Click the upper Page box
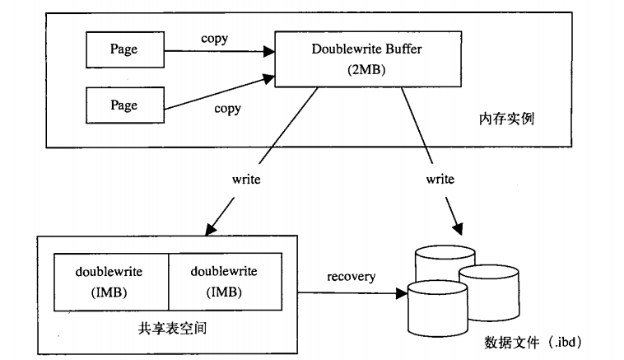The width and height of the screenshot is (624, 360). (x=124, y=49)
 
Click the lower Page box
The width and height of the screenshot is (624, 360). (x=124, y=105)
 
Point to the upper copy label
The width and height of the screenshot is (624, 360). (x=215, y=39)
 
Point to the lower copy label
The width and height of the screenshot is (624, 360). (x=227, y=109)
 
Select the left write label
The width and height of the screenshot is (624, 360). (x=247, y=179)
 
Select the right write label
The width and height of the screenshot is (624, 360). (x=439, y=179)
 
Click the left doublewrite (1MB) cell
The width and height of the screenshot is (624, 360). (x=110, y=283)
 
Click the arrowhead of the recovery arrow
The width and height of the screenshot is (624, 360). (x=403, y=291)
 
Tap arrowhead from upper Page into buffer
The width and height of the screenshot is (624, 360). (x=268, y=51)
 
